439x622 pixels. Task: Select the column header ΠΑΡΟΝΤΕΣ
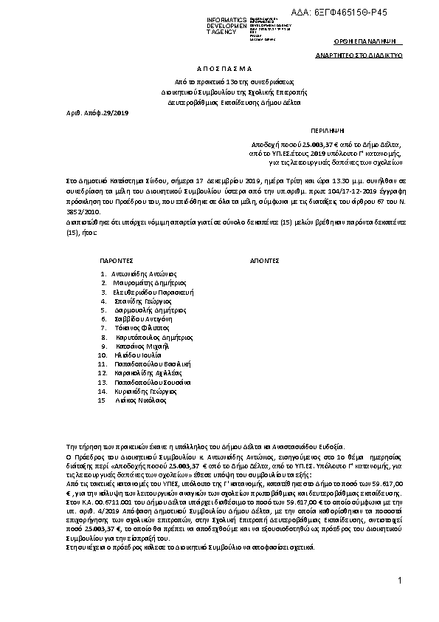coord(116,261)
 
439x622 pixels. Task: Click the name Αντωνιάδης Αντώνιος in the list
coord(142,273)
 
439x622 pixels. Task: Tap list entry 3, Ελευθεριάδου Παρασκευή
coord(153,292)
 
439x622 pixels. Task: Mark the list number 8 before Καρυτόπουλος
coord(105,337)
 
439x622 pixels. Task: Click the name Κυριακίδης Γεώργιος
coord(145,391)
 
